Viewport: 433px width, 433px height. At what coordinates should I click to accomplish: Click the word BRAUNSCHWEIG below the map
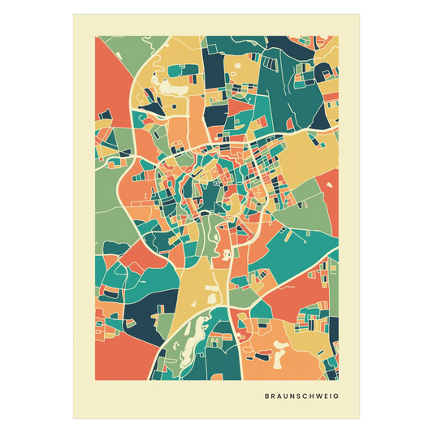click(301, 397)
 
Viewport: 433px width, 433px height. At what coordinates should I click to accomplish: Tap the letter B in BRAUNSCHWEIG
click(267, 397)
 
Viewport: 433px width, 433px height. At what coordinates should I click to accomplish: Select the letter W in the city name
click(314, 397)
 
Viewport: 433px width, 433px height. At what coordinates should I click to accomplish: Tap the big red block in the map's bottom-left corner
click(114, 357)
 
